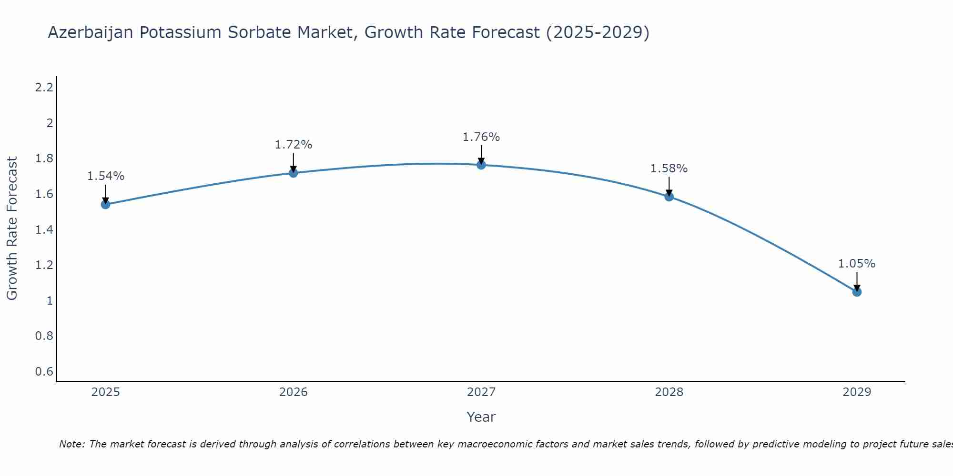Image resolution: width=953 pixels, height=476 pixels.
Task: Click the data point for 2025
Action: click(x=106, y=205)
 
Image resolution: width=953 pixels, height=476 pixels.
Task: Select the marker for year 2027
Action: click(x=481, y=165)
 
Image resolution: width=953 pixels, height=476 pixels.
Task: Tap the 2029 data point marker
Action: click(x=857, y=292)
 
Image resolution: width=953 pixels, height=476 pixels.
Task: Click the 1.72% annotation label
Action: click(x=294, y=145)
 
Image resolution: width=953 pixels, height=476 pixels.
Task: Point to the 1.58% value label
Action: click(x=669, y=169)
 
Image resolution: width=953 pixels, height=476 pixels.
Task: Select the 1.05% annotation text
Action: click(x=857, y=264)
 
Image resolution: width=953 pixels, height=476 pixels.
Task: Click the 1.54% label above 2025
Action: click(x=106, y=176)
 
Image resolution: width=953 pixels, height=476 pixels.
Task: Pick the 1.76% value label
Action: click(x=481, y=137)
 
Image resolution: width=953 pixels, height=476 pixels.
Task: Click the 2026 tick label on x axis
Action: click(x=294, y=392)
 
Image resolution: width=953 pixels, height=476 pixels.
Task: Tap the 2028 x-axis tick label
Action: click(x=669, y=392)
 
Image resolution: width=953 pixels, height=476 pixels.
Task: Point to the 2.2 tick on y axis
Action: click(x=44, y=88)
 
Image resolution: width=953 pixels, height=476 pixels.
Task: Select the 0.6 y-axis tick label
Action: click(x=44, y=371)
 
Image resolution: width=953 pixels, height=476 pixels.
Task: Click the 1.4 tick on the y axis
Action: click(x=44, y=230)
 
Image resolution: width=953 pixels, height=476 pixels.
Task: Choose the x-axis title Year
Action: click(x=481, y=417)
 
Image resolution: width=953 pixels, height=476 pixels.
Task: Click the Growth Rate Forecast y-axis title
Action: click(x=12, y=228)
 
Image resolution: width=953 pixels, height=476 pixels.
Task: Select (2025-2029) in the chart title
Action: click(x=598, y=33)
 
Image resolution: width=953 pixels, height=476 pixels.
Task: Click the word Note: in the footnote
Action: click(x=72, y=444)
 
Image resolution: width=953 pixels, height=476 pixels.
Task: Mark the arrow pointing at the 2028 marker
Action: click(x=669, y=187)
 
